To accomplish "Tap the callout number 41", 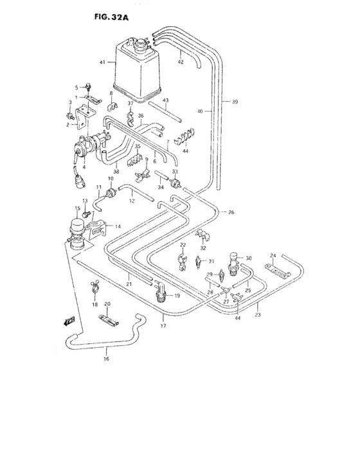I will click(102, 62).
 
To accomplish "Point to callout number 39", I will click(235, 102).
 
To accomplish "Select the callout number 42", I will click(181, 62).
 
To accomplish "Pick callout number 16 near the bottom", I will click(107, 359).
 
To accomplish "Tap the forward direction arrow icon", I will click(69, 319).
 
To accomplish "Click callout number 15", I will click(77, 208).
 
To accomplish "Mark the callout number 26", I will click(231, 213).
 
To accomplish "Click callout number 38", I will click(116, 172).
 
